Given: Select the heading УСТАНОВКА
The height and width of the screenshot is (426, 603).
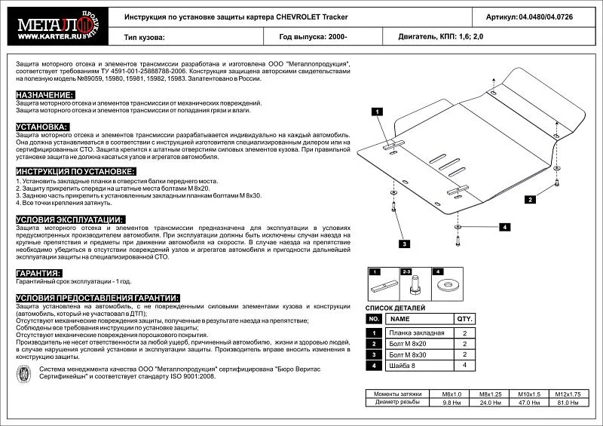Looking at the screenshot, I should [42, 127].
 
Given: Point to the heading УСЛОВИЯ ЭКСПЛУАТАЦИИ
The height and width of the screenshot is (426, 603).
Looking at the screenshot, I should [69, 219].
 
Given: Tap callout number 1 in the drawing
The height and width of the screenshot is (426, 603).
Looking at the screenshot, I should [375, 112].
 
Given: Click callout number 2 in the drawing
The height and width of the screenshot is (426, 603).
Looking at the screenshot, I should [530, 200].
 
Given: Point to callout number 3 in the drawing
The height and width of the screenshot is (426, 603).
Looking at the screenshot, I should [404, 244].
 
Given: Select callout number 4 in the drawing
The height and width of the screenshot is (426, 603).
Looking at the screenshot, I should [503, 227].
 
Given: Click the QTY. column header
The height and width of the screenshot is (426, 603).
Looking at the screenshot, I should [465, 319].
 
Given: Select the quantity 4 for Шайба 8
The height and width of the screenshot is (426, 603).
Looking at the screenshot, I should [465, 365].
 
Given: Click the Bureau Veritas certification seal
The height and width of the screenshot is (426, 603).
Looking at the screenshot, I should [23, 373].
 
